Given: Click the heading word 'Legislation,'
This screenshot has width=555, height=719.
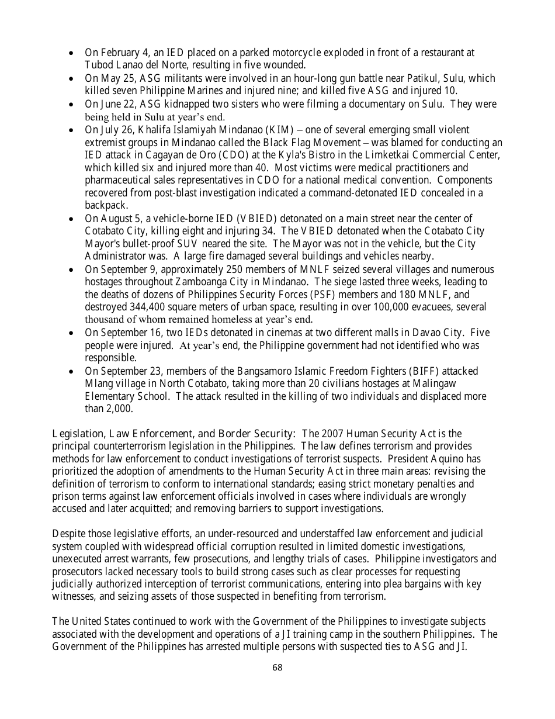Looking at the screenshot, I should [x=79, y=434].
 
